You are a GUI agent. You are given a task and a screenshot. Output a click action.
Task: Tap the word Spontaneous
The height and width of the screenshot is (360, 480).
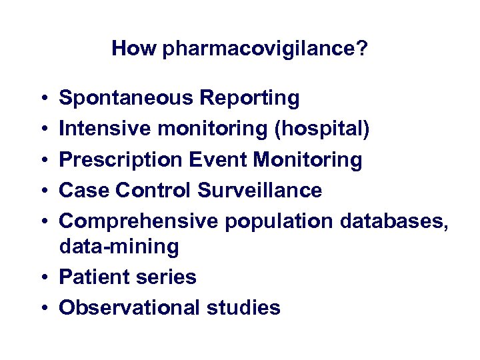126,99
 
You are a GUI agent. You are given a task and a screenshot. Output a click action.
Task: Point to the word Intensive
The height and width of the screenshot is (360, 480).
103,129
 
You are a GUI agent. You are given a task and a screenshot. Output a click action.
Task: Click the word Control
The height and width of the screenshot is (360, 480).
153,191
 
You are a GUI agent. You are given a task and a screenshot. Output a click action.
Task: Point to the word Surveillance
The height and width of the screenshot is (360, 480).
260,191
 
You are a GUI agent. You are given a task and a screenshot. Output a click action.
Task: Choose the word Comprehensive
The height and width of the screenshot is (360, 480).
139,221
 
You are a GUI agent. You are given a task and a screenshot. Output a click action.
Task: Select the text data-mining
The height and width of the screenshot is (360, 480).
119,247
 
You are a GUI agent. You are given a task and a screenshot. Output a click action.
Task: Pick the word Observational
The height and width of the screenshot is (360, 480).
129,307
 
